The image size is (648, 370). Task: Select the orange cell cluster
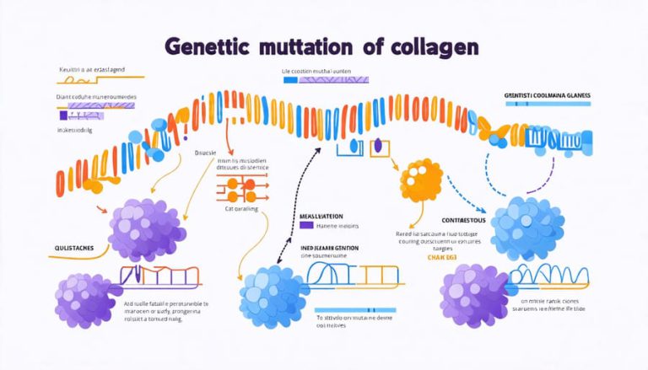coord(420,180)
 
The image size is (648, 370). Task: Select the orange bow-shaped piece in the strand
coord(493,129)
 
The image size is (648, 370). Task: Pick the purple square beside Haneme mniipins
coord(306,226)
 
